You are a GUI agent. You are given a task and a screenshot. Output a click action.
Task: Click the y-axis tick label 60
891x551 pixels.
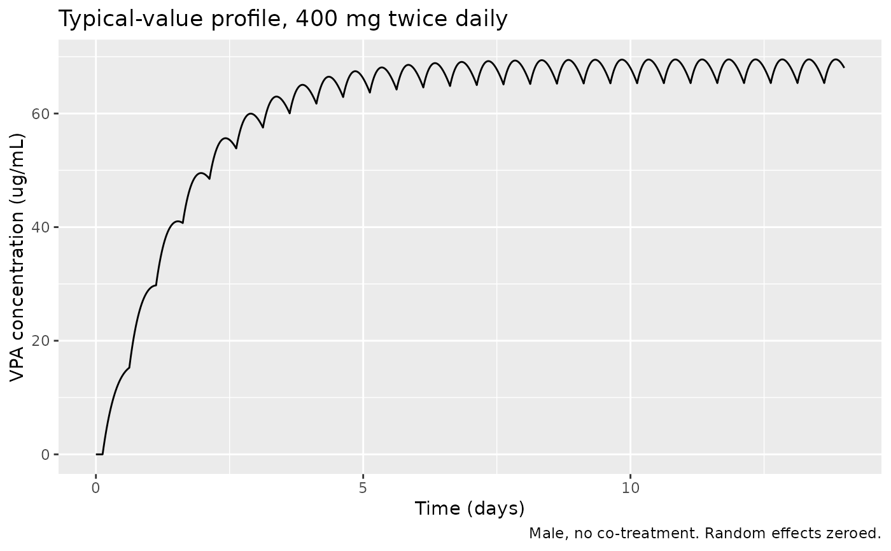pyautogui.click(x=40, y=114)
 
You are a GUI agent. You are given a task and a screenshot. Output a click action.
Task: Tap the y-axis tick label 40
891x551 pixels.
pyautogui.click(x=40, y=228)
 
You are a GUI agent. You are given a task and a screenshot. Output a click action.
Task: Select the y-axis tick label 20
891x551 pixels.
pyautogui.click(x=40, y=341)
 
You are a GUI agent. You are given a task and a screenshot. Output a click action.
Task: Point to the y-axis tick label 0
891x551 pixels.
pyautogui.click(x=45, y=455)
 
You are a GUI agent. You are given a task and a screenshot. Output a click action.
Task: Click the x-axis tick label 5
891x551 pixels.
pyautogui.click(x=363, y=488)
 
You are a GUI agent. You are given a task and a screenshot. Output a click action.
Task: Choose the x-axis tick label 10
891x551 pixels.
pyautogui.click(x=631, y=488)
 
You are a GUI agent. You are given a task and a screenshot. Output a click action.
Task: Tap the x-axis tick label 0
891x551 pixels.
pyautogui.click(x=95, y=488)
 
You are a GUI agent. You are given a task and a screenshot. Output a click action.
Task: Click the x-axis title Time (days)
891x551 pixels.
pyautogui.click(x=470, y=509)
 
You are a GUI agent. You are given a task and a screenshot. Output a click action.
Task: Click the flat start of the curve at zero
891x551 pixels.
pyautogui.click(x=99, y=454)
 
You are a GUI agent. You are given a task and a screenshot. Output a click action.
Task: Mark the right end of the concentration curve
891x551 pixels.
pyautogui.click(x=844, y=68)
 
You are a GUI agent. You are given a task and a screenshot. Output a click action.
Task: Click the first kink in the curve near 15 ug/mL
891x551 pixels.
pyautogui.click(x=129, y=368)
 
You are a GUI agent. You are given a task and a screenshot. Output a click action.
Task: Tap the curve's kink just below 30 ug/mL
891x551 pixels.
pyautogui.click(x=156, y=285)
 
